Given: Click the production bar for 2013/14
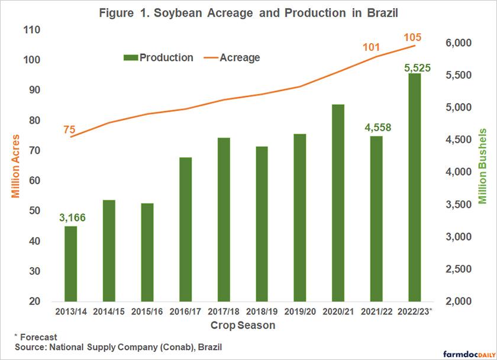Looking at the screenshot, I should click(x=70, y=264).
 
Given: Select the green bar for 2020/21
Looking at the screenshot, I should click(x=338, y=203).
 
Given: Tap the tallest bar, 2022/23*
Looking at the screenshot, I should click(x=414, y=187).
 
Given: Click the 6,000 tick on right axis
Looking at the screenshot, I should click(x=456, y=43).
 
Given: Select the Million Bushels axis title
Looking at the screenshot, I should click(x=482, y=166).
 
